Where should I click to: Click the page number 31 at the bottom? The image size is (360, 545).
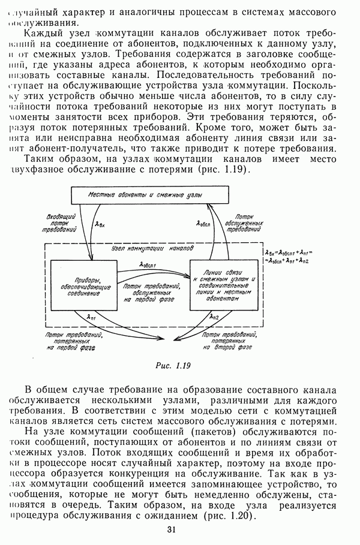[x=172, y=529]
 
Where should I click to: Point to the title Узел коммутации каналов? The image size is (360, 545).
[x=152, y=247]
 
